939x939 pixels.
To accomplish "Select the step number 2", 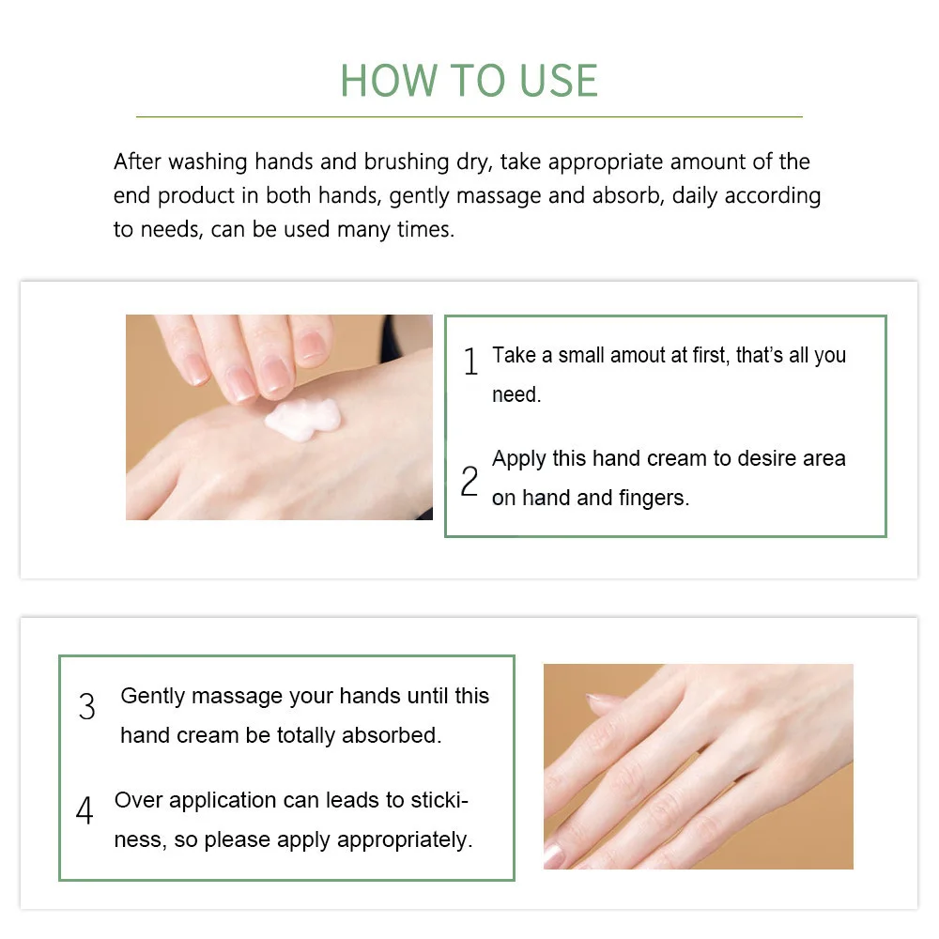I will click(x=469, y=482).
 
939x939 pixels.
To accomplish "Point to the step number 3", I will click(x=87, y=707).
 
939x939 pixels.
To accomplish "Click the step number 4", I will click(x=85, y=811).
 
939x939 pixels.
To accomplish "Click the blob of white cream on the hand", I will click(x=302, y=415).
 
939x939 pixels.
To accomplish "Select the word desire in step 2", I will click(x=738, y=458).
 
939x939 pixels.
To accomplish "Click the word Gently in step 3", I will click(x=154, y=697).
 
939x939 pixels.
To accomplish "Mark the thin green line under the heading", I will click(x=469, y=116).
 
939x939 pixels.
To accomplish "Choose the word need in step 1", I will click(x=516, y=395).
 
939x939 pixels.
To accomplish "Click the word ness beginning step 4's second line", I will click(x=135, y=840).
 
